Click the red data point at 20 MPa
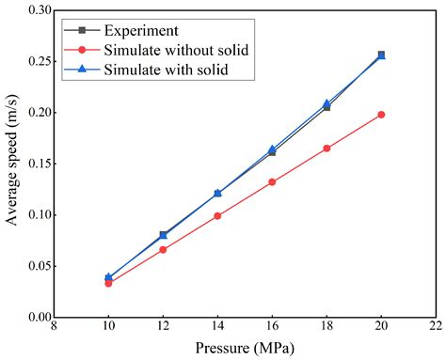pyautogui.click(x=381, y=115)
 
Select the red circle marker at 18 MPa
pyautogui.click(x=327, y=149)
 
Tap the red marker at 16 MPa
pyautogui.click(x=272, y=182)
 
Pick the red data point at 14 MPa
pyautogui.click(x=217, y=216)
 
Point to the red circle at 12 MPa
pyautogui.click(x=163, y=250)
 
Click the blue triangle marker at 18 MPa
pyautogui.click(x=327, y=104)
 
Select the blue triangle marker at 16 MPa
pyautogui.click(x=272, y=149)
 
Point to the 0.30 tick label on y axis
pyautogui.click(x=37, y=10)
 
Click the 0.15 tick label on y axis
pyautogui.click(x=37, y=164)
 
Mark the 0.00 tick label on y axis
pyautogui.click(x=37, y=318)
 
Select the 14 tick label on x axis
pyautogui.click(x=217, y=330)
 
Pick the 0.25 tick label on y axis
pyautogui.click(x=37, y=61)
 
